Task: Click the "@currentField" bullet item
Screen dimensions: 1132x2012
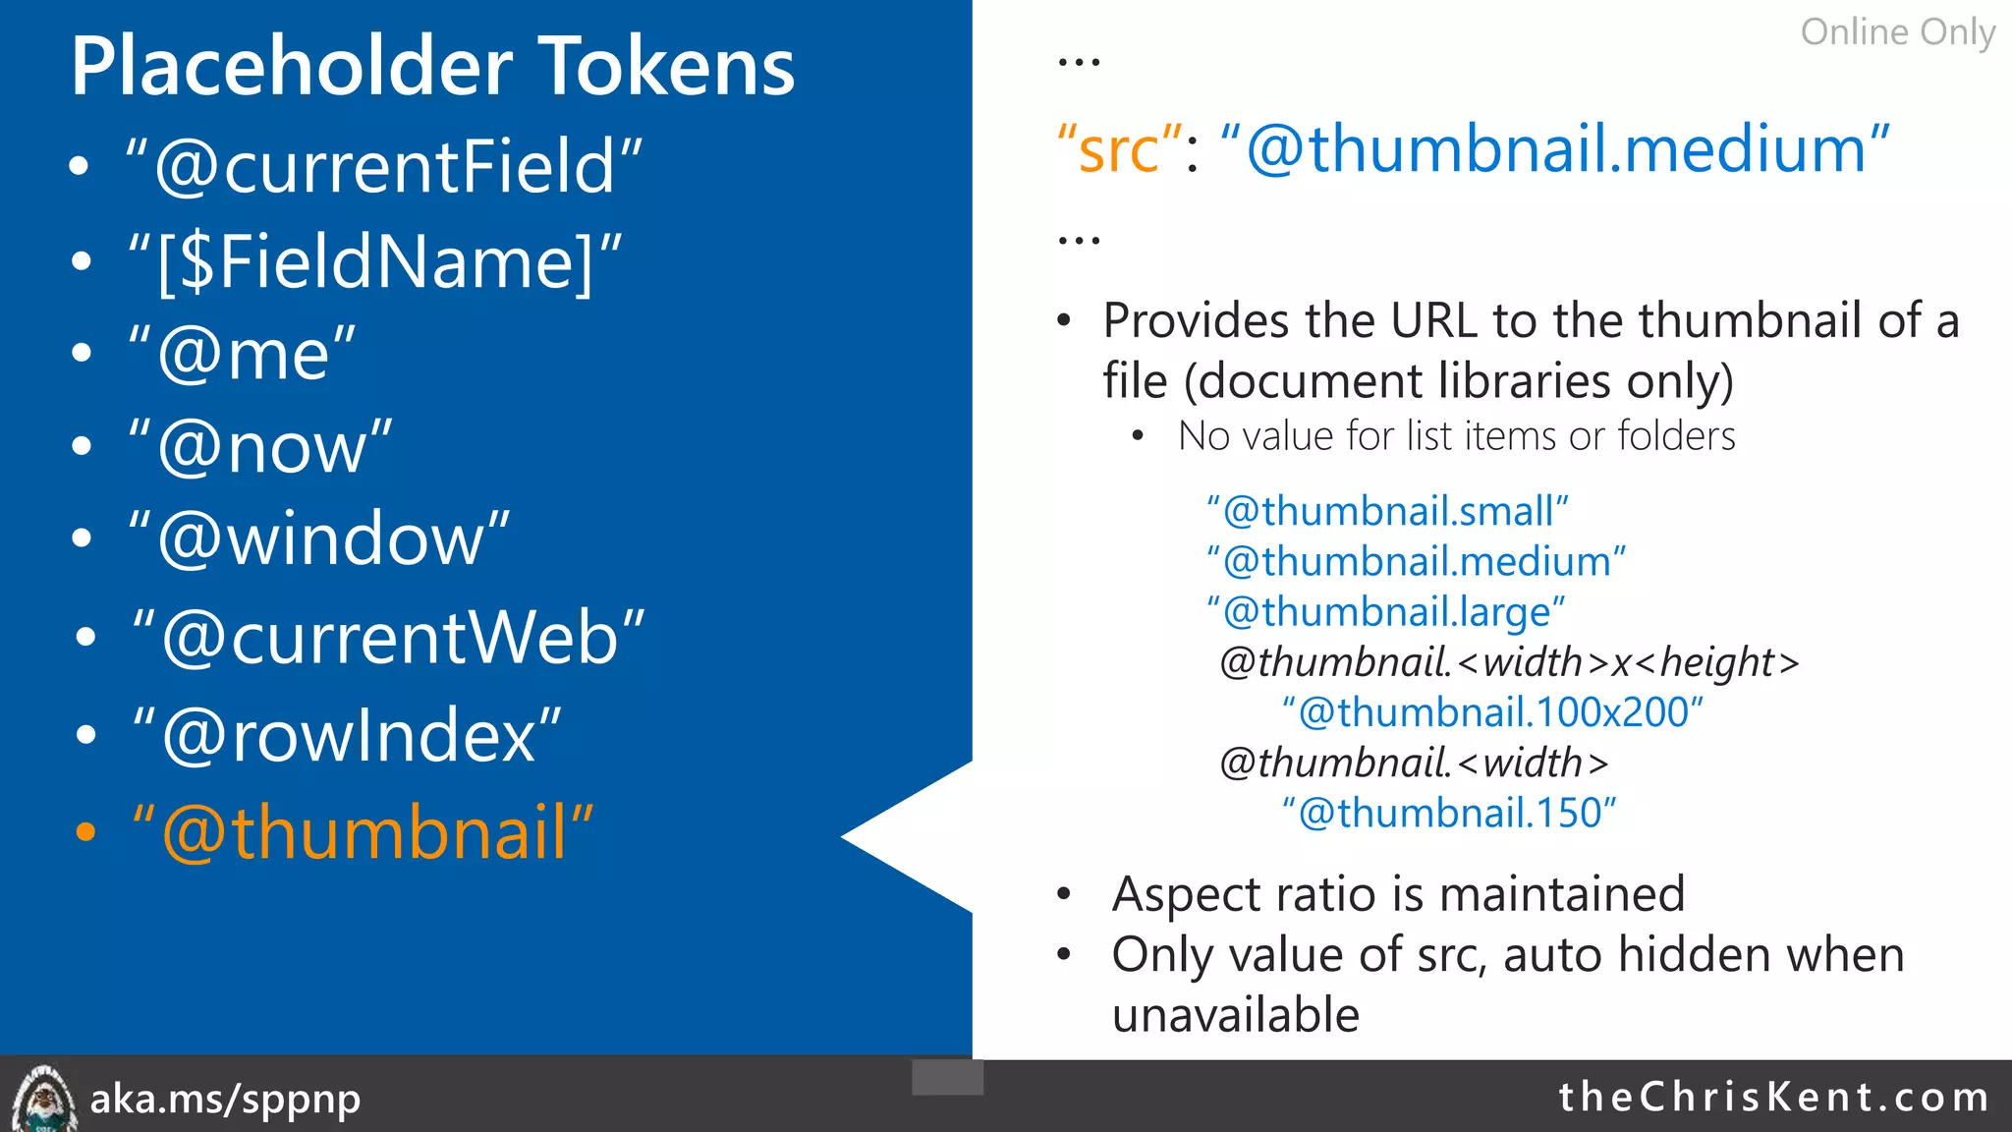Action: (x=384, y=167)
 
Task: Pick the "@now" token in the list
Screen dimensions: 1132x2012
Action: (x=261, y=447)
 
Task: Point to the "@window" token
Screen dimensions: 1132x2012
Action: (x=320, y=539)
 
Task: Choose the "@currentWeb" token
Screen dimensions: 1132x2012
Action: (x=389, y=638)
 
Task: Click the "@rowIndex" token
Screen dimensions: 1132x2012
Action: (x=348, y=735)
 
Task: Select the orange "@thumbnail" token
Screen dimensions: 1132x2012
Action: (x=363, y=832)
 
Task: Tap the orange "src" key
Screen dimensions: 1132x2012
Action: (x=1118, y=150)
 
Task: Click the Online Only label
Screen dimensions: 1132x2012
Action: (x=1897, y=32)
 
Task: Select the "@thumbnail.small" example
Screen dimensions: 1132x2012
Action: (x=1387, y=511)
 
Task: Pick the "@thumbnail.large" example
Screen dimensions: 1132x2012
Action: (x=1386, y=611)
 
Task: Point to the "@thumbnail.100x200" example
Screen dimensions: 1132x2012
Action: (x=1492, y=712)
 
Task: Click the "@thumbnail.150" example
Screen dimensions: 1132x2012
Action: (x=1449, y=813)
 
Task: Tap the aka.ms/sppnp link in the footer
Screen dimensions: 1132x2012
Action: (x=225, y=1099)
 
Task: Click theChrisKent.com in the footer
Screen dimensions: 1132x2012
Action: (x=1773, y=1097)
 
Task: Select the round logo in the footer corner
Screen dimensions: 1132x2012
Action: (x=42, y=1100)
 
